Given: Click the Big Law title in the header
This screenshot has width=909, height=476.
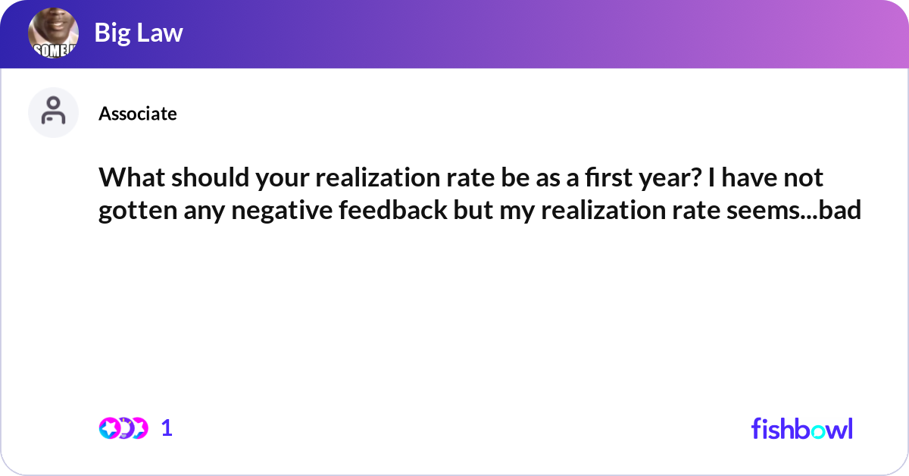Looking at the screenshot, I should click(139, 33).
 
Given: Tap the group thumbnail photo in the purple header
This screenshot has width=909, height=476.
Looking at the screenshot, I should click(54, 34).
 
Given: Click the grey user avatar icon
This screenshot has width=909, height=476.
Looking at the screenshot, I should click(54, 112).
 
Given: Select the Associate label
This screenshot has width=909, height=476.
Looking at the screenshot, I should click(138, 114).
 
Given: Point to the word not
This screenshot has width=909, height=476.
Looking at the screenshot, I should click(804, 179).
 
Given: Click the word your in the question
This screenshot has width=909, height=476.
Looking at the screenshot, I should click(262, 179).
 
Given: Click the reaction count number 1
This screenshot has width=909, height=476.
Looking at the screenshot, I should click(167, 428).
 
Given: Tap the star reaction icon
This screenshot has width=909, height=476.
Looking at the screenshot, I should click(109, 428).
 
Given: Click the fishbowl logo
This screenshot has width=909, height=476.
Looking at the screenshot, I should click(801, 428).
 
